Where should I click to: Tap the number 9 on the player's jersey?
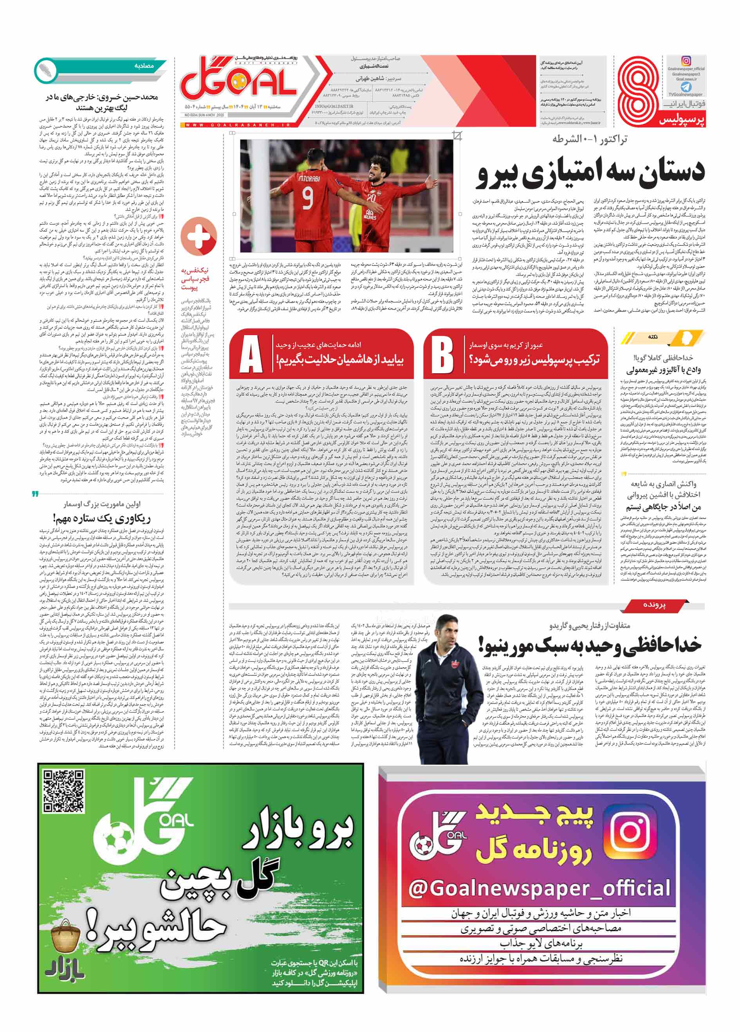point(308,198)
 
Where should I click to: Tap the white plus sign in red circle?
point(199,236)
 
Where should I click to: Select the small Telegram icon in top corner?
point(686,86)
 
